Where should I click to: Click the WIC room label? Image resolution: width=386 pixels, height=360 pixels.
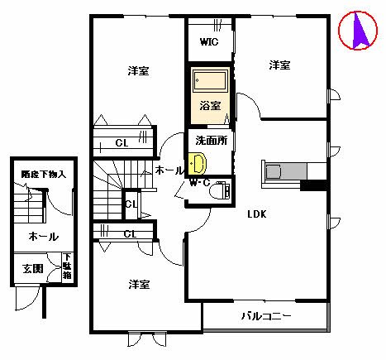pyautogui.click(x=209, y=42)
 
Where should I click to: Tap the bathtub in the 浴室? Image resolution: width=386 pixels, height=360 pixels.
pyautogui.click(x=211, y=80)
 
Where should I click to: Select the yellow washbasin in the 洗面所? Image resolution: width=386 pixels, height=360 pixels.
pyautogui.click(x=197, y=164)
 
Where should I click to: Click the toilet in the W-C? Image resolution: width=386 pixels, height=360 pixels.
pyautogui.click(x=220, y=190)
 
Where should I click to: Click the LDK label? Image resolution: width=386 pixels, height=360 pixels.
pyautogui.click(x=257, y=214)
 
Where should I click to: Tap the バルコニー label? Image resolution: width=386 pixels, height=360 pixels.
pyautogui.click(x=266, y=316)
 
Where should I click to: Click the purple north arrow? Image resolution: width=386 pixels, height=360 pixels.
pyautogui.click(x=360, y=30)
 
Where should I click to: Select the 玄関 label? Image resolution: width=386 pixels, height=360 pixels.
pyautogui.click(x=33, y=268)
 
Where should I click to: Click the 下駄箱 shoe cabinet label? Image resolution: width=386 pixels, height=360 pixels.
pyautogui.click(x=67, y=266)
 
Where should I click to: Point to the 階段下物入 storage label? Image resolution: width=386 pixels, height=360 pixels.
pyautogui.click(x=44, y=174)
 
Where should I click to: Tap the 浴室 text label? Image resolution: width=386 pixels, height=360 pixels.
pyautogui.click(x=210, y=106)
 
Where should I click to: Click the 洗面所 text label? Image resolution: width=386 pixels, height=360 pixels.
pyautogui.click(x=211, y=141)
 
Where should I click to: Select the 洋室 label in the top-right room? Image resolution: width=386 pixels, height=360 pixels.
pyautogui.click(x=279, y=65)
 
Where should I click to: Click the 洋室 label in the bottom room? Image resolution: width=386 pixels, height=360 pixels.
pyautogui.click(x=139, y=285)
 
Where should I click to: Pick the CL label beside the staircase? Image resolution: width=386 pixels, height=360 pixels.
pyautogui.click(x=131, y=204)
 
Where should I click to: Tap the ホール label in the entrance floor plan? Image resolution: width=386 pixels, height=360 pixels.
pyautogui.click(x=43, y=237)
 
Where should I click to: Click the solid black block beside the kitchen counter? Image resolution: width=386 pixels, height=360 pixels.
pyautogui.click(x=313, y=185)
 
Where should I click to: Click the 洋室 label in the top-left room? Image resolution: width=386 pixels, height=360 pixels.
pyautogui.click(x=138, y=71)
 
